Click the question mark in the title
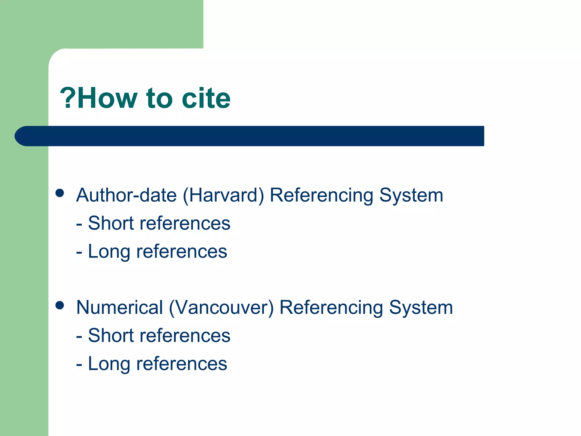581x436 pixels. (68, 98)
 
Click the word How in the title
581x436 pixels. (107, 98)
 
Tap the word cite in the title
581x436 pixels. (206, 98)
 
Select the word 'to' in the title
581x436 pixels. (159, 98)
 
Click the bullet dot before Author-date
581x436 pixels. (60, 193)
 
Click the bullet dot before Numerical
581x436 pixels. (60, 305)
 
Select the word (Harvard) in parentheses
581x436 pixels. (223, 196)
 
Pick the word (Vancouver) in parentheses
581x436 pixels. (221, 308)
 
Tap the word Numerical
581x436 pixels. (120, 307)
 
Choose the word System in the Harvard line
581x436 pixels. (411, 196)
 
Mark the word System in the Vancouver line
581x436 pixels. (421, 308)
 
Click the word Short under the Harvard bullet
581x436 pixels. (111, 223)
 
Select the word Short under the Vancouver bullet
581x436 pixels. (111, 336)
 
